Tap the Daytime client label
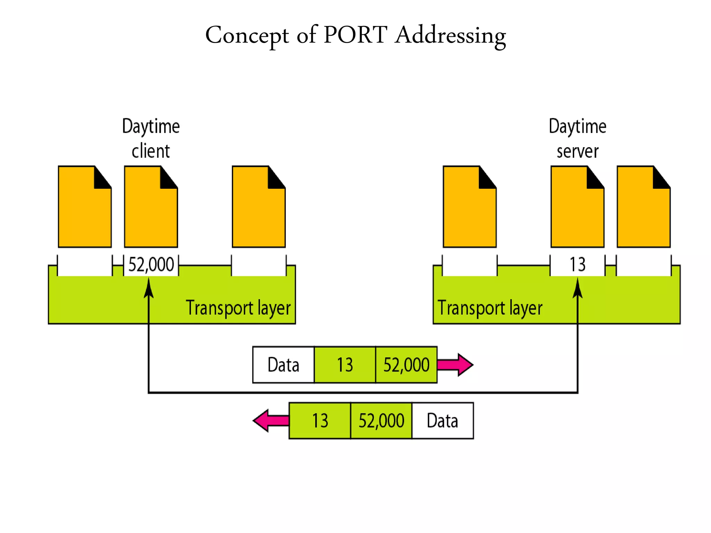151,138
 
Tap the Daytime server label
577,138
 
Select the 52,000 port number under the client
151,265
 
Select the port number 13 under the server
577,265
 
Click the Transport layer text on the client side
238,308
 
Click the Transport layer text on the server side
490,308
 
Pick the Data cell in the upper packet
283,365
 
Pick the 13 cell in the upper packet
345,365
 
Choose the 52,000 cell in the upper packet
406,365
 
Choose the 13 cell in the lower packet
320,421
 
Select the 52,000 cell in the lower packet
381,421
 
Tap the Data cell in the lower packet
442,421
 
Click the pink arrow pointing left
270,421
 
